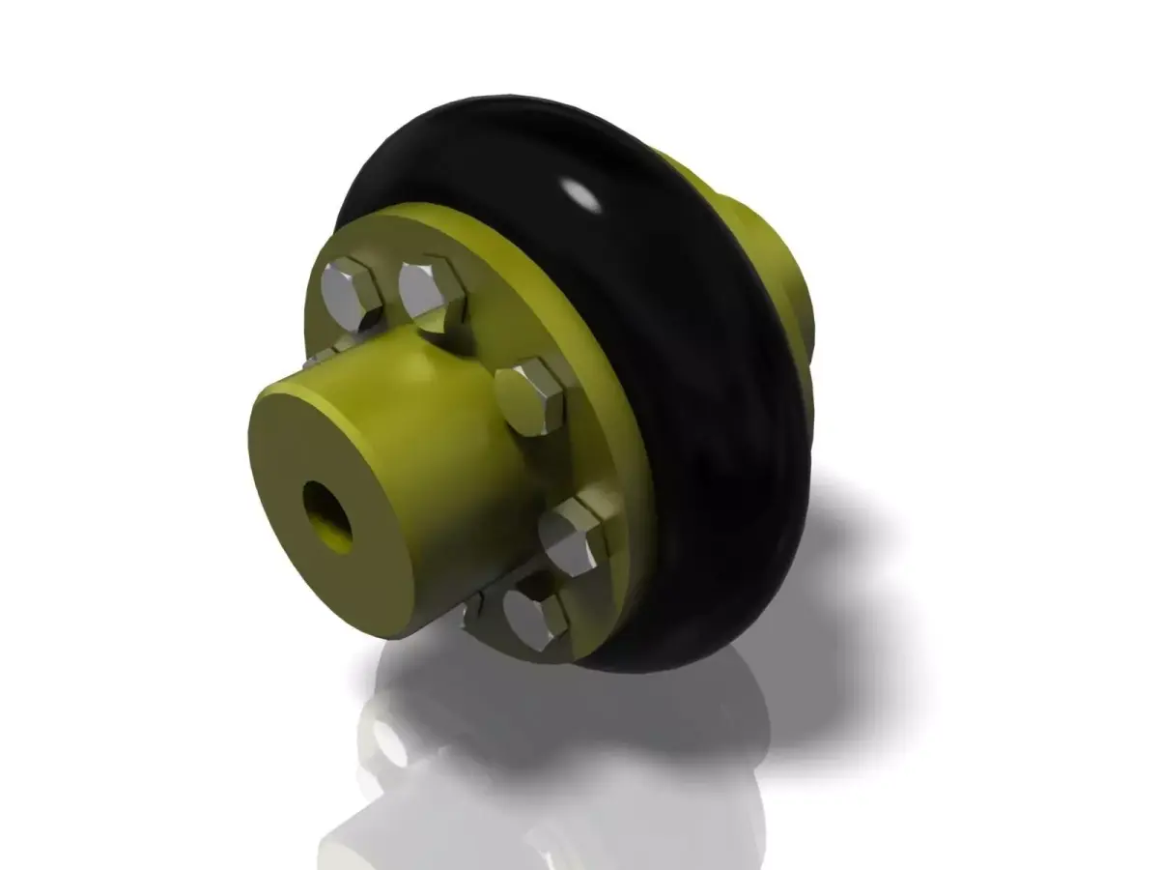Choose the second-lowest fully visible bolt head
[x=572, y=536]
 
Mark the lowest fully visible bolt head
[x=533, y=616]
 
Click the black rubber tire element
[x=695, y=387]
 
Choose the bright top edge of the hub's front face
[x=319, y=388]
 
